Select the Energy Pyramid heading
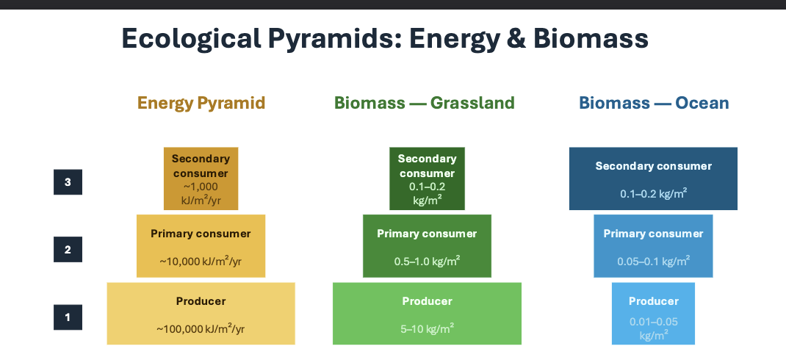(201, 103)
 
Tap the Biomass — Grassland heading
(425, 103)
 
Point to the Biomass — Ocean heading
(654, 103)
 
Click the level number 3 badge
(68, 182)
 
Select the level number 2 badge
(68, 250)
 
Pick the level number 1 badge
(68, 317)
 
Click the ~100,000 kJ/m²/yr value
(201, 329)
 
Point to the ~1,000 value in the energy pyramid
(201, 187)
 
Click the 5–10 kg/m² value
(427, 329)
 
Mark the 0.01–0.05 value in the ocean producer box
(653, 322)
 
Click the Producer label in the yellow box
(201, 301)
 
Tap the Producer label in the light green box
(427, 301)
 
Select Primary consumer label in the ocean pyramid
(653, 234)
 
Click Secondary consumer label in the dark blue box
(653, 166)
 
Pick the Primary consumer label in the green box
(427, 234)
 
